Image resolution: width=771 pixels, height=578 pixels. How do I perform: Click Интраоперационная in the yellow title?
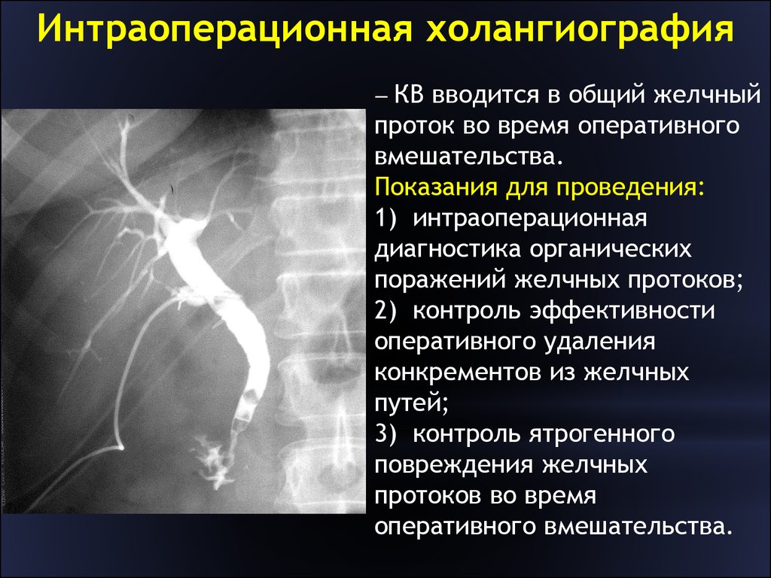coord(224,29)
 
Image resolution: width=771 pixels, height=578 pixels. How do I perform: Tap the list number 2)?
coord(385,311)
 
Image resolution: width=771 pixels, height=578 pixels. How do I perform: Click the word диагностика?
coord(447,250)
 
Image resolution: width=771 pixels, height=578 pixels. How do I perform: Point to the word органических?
coord(611,250)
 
